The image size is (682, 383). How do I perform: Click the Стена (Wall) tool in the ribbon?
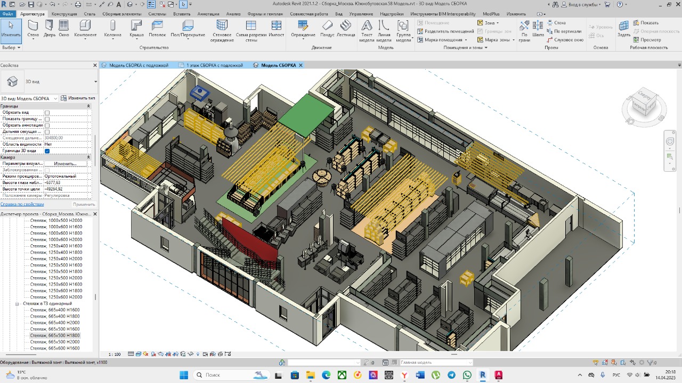33,29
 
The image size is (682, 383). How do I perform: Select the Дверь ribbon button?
49,29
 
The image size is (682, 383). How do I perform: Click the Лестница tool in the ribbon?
346,29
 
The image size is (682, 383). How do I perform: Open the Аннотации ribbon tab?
208,14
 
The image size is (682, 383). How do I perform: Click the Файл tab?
7,14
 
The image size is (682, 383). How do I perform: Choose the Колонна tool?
112,29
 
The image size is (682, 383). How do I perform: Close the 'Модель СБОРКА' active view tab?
301,65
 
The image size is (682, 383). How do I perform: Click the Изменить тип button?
78,98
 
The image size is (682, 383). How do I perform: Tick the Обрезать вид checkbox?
47,113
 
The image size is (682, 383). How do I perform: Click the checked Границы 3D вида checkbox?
47,151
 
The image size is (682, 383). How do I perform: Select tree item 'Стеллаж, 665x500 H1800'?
55,336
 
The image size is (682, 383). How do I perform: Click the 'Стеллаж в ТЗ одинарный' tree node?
47,304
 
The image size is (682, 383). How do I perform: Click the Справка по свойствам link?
22,204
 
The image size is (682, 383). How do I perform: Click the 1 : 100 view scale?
114,354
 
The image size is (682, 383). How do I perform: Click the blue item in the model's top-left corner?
200,93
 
